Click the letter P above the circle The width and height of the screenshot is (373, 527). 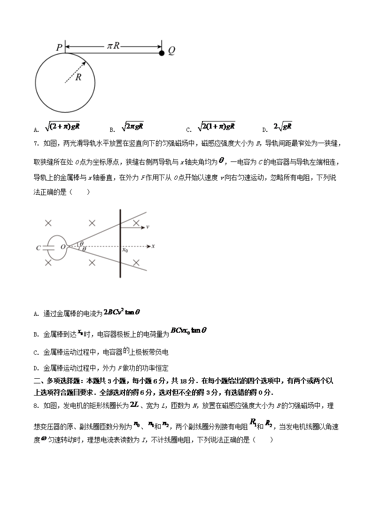click(59, 47)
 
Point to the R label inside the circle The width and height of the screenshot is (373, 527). click(78, 77)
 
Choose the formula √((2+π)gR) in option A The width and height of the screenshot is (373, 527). click(62, 126)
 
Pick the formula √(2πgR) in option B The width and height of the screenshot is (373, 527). click(132, 126)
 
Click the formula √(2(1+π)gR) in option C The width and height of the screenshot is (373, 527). click(216, 126)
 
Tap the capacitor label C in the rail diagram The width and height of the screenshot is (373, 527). click(38, 247)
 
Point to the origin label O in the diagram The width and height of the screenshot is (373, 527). click(62, 247)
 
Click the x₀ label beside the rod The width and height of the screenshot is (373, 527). click(125, 250)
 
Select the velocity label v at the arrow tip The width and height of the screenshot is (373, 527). click(148, 227)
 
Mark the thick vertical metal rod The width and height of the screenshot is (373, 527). click(120, 244)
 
